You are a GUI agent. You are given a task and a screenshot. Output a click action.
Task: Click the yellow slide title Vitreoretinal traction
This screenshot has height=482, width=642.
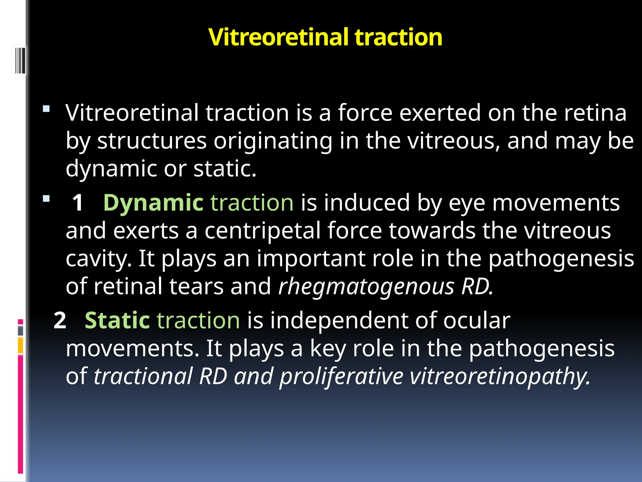[325, 37]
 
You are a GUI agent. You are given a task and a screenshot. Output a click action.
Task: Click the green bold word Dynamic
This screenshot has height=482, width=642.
[153, 203]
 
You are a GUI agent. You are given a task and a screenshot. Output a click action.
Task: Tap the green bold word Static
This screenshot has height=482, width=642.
[117, 321]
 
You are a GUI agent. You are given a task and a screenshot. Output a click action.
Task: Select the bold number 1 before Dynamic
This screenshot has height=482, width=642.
[78, 203]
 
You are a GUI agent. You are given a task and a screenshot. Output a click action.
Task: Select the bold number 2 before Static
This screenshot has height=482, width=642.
[60, 321]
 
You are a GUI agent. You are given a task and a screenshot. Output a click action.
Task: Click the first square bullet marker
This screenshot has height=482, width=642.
[46, 109]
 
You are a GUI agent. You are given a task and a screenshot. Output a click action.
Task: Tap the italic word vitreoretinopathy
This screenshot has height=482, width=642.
[500, 377]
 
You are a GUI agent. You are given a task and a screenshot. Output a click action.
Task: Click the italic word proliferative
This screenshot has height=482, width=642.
[341, 377]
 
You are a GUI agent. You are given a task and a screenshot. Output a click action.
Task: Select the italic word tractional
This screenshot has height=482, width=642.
[143, 377]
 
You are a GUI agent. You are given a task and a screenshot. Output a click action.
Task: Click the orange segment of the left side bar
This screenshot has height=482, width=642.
[20, 345]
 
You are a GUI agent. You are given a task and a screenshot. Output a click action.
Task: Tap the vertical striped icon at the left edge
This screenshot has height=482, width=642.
[20, 60]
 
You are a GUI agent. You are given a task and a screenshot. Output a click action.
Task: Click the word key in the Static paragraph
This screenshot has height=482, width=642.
[328, 349]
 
